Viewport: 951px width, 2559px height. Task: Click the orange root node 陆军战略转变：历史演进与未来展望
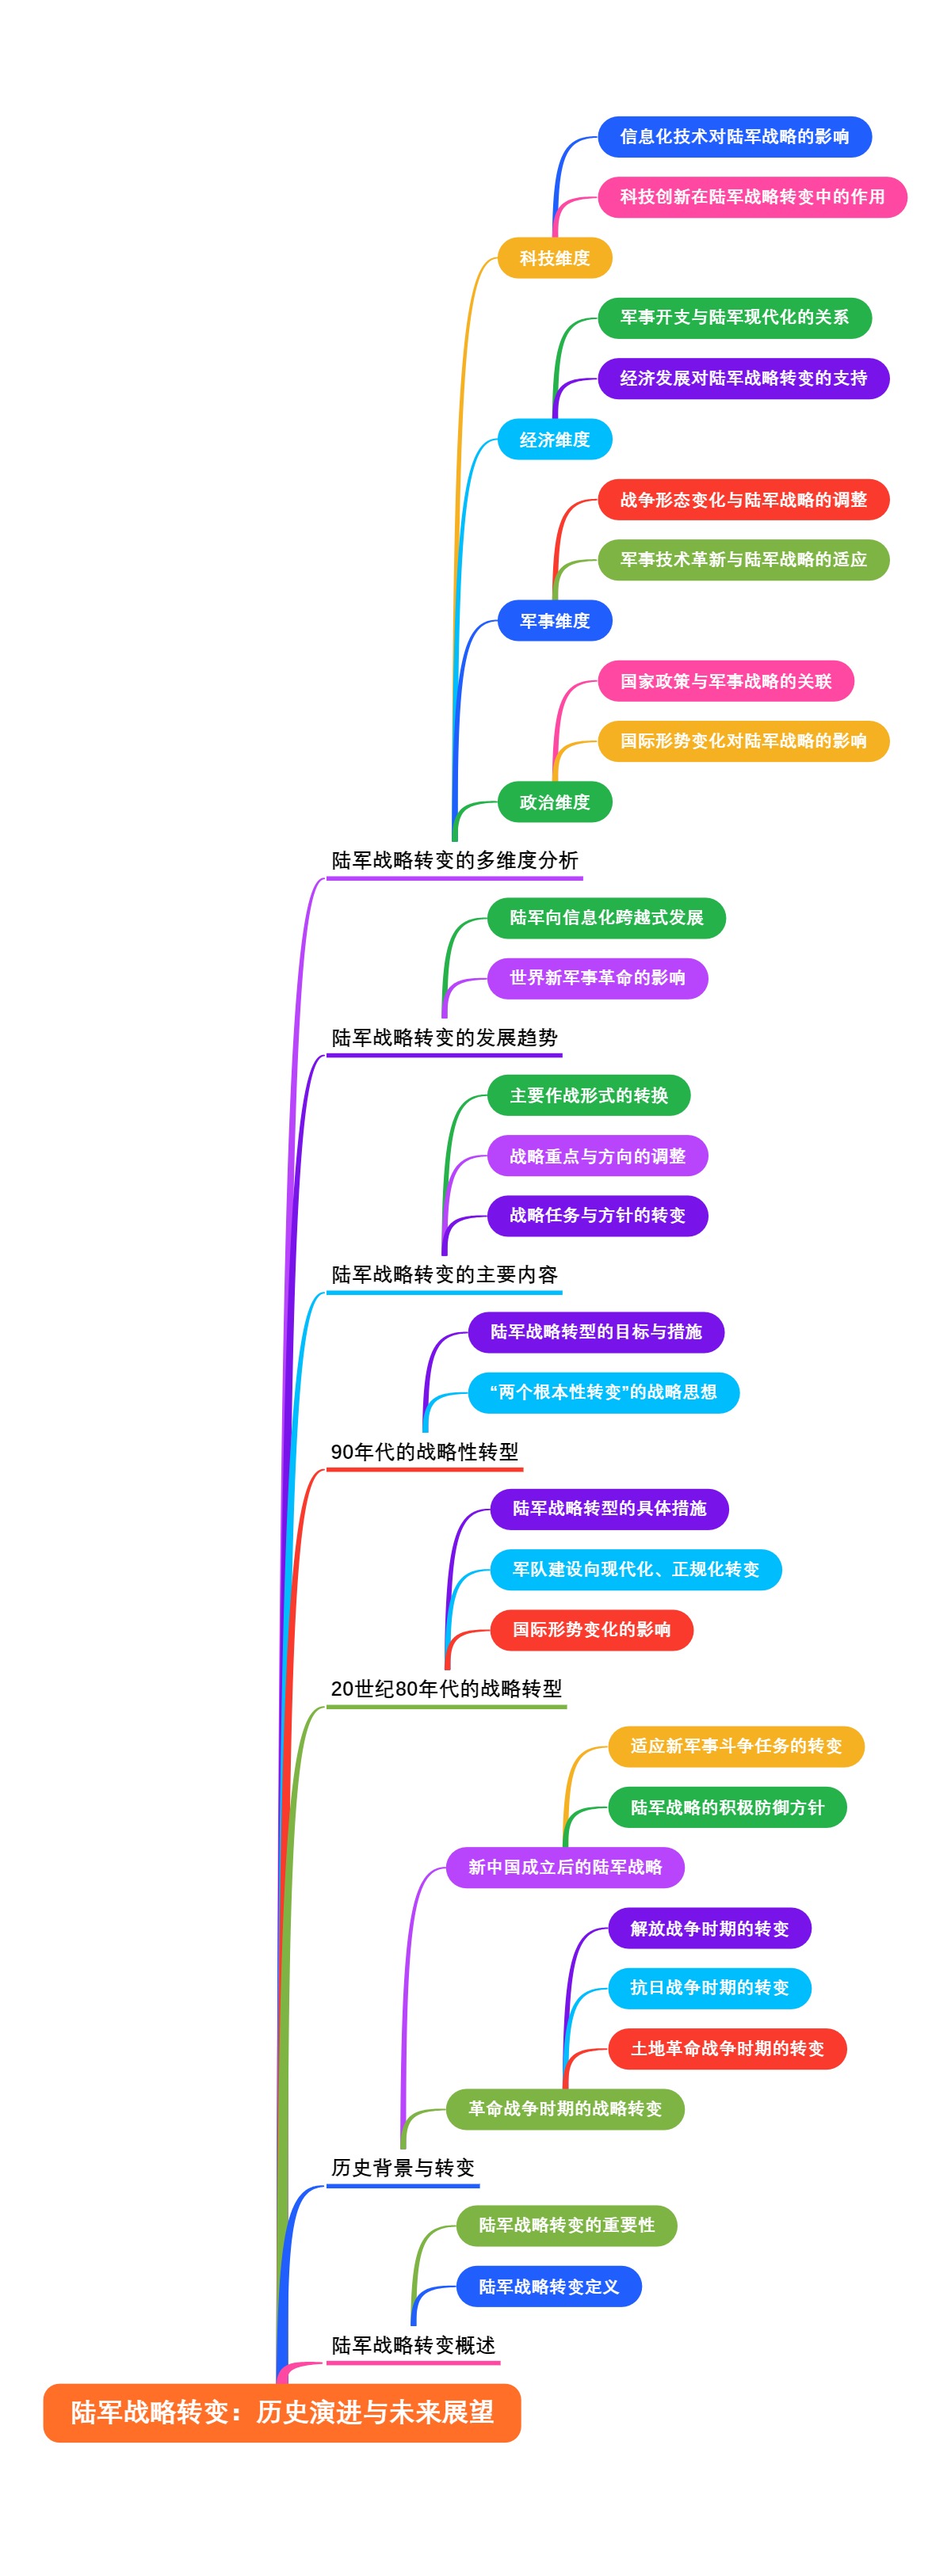pos(281,2412)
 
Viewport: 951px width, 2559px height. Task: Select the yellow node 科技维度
pos(555,258)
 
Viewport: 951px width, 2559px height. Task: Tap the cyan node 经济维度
pos(555,439)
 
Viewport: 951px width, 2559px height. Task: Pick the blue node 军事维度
pos(555,621)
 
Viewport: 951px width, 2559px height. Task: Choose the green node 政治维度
pos(555,802)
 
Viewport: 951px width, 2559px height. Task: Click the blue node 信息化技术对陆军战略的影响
pos(735,137)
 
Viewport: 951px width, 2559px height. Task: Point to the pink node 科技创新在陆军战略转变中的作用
pos(752,196)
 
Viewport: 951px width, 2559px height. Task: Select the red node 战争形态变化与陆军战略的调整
pos(743,500)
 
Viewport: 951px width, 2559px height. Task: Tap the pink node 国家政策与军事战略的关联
pos(725,681)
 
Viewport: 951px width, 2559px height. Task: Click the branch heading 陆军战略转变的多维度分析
pos(454,860)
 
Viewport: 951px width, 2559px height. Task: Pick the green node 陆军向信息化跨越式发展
pos(606,918)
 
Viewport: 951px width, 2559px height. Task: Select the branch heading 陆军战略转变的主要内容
pos(445,1274)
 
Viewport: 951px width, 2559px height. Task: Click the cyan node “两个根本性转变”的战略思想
pos(603,1392)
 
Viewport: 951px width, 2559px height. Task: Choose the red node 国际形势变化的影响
pos(591,1629)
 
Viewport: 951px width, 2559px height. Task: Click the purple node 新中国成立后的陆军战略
pos(564,1868)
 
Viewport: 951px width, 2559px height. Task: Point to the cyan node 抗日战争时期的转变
pos(709,1987)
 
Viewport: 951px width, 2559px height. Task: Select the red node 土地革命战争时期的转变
pos(728,2048)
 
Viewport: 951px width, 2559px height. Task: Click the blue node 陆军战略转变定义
pos(548,2287)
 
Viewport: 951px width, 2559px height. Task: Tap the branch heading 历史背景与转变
pos(403,2168)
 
